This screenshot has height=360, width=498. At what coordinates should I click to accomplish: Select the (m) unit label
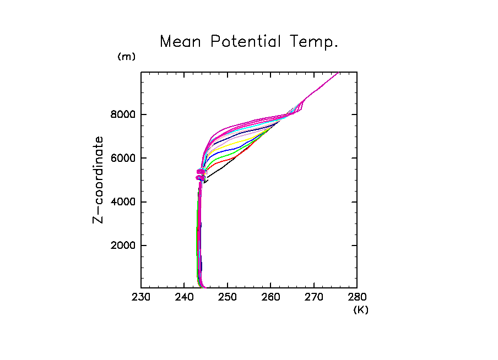click(126, 57)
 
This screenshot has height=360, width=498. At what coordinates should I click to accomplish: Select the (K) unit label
click(361, 310)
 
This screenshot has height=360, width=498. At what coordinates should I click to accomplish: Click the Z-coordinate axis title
click(99, 180)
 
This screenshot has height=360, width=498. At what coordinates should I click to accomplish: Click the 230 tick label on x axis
click(141, 298)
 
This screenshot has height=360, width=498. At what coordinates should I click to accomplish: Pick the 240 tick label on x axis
click(184, 298)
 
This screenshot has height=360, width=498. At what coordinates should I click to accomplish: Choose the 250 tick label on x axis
click(227, 298)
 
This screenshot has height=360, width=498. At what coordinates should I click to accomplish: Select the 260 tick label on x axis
click(270, 298)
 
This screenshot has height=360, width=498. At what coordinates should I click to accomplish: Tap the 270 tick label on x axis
click(313, 298)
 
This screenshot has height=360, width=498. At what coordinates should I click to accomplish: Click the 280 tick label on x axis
click(356, 298)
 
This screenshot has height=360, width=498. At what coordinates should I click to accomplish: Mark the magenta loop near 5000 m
click(201, 175)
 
